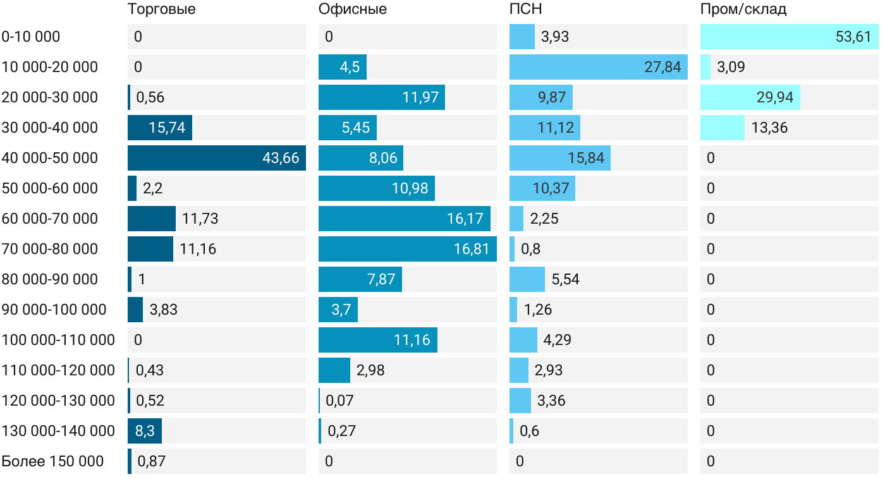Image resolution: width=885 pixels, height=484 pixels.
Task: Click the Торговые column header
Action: click(161, 9)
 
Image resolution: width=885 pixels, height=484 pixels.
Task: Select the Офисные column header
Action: click(353, 9)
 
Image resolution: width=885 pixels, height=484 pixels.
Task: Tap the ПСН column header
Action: click(526, 9)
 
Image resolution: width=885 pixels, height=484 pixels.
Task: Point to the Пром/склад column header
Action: click(743, 9)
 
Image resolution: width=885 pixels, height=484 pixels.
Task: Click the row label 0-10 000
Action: click(31, 37)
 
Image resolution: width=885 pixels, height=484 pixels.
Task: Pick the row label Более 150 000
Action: click(52, 461)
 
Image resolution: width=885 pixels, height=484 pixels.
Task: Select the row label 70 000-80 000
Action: click(50, 249)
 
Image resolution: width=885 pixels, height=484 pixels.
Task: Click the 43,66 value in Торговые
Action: click(281, 158)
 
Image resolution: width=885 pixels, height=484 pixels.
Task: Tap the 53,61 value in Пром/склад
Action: click(853, 37)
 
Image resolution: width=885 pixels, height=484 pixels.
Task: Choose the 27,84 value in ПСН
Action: click(662, 67)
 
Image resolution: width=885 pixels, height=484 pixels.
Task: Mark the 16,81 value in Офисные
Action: click(472, 249)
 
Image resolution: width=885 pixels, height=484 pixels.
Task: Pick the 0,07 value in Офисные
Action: click(339, 401)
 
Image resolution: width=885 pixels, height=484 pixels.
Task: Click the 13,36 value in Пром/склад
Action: click(769, 128)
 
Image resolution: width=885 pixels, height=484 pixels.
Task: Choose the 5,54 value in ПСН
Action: click(565, 279)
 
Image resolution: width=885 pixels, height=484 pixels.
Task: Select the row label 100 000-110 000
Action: click(58, 340)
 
